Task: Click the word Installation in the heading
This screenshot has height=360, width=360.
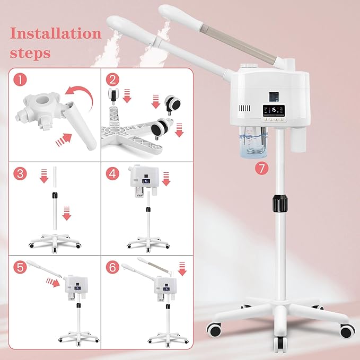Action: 56,34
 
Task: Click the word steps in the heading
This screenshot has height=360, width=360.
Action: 30,53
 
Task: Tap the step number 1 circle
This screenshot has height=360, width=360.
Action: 20,81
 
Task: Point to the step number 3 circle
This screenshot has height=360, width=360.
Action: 20,174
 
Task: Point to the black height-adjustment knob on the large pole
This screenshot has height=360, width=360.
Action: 278,204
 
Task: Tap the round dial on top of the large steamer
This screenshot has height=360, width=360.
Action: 248,67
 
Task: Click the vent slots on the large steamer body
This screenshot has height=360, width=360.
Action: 244,109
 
